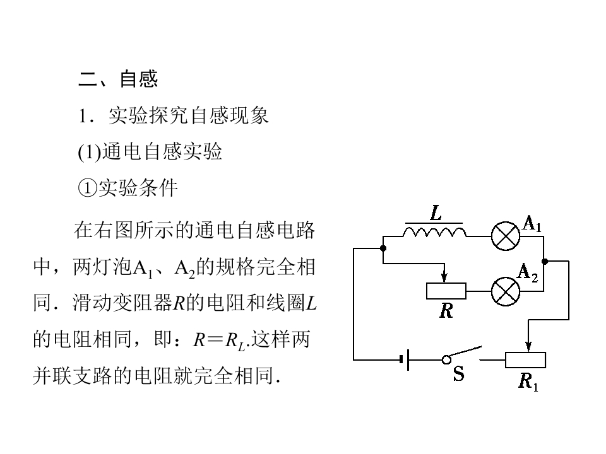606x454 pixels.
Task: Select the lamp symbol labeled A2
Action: (x=506, y=291)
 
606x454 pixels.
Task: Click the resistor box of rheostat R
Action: (x=446, y=291)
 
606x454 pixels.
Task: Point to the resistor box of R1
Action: (x=525, y=360)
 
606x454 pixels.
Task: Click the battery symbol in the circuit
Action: (x=405, y=360)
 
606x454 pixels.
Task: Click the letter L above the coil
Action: (x=436, y=213)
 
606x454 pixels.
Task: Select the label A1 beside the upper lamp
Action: (x=532, y=223)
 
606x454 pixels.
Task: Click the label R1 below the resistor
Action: (x=528, y=381)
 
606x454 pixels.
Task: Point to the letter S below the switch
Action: (x=459, y=375)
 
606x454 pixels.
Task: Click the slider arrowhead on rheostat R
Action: (x=446, y=278)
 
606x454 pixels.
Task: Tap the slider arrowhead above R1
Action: (x=528, y=346)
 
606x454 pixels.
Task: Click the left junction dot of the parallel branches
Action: (x=383, y=248)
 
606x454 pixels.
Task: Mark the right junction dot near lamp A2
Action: (x=545, y=260)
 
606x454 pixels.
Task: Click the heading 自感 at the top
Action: (x=138, y=79)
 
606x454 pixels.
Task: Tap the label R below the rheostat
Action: (x=446, y=310)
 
